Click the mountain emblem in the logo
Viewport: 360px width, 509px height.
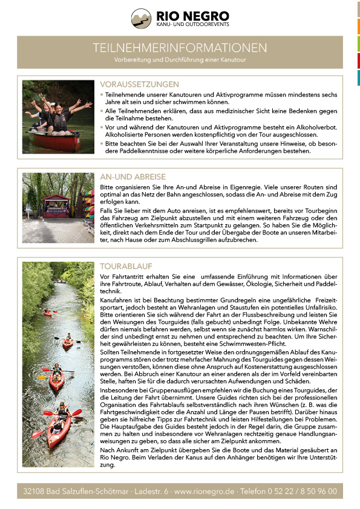pyautogui.click(x=142, y=18)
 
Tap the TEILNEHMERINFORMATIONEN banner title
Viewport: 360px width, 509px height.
pyautogui.click(x=180, y=47)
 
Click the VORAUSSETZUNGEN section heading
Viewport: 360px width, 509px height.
pyautogui.click(x=139, y=85)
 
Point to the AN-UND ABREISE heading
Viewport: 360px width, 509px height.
pyautogui.click(x=133, y=177)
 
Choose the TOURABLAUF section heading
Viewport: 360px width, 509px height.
pyautogui.click(x=126, y=266)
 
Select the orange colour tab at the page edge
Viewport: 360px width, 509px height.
pyautogui.click(x=358, y=26)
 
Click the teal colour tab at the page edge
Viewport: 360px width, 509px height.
pyautogui.click(x=358, y=77)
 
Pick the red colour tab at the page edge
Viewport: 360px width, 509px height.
pyautogui.click(x=358, y=60)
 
